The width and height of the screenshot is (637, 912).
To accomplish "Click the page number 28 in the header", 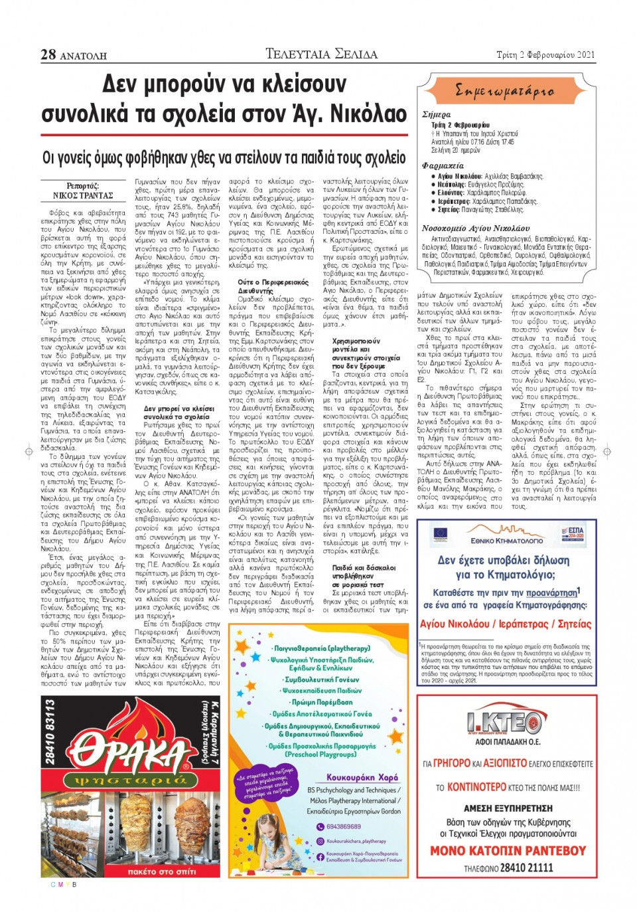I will point(48,54).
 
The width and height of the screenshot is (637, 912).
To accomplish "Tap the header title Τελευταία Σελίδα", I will point(321,54).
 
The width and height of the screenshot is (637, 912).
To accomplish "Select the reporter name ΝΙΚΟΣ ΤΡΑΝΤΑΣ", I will point(83,195).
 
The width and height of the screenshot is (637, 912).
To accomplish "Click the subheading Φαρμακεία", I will point(443,165).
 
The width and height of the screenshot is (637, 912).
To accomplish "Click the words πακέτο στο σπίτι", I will point(162,871).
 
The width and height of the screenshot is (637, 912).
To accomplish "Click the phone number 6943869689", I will point(343,826).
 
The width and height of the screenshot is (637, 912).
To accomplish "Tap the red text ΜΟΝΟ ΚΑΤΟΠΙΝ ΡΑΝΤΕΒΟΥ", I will point(508,850).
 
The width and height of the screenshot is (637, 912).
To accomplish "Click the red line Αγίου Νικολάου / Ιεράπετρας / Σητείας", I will point(505,624).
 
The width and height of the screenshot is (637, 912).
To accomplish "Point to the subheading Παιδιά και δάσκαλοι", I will point(364,568).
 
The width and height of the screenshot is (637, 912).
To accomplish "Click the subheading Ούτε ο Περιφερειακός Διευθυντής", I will point(273,286).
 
